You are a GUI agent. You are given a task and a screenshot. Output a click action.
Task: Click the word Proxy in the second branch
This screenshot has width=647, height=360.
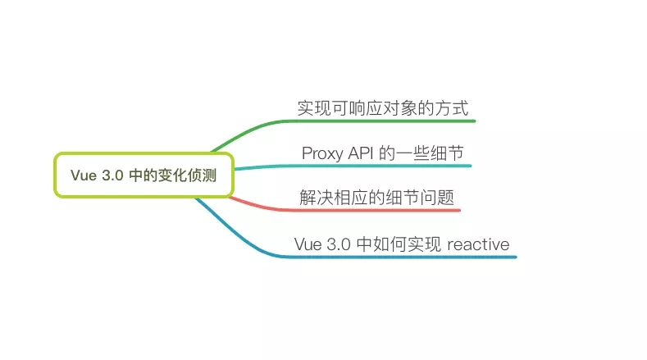[321, 153]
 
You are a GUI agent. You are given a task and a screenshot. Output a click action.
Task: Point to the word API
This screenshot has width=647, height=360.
[361, 153]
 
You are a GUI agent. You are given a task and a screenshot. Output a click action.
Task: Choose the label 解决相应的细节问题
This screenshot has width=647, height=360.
[377, 198]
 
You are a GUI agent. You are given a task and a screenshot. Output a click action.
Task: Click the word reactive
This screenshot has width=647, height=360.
[478, 244]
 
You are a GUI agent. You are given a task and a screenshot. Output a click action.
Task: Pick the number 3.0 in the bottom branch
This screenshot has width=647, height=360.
[335, 244]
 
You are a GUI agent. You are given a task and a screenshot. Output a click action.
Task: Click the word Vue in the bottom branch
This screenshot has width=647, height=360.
[307, 244]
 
